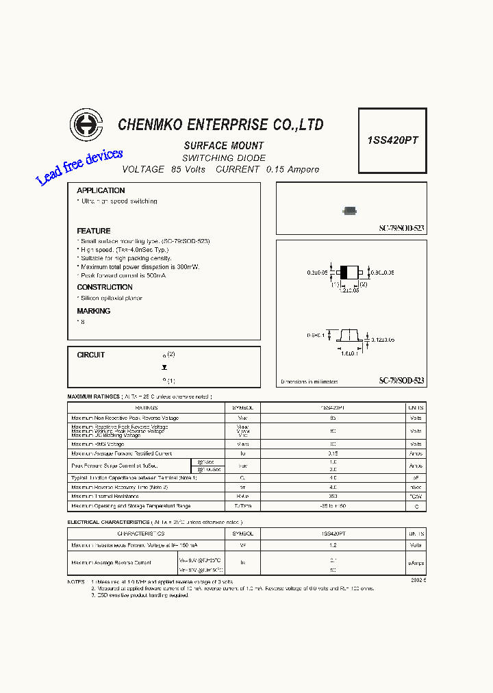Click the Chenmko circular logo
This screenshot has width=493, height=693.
click(86, 125)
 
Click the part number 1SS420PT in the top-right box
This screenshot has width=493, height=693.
click(392, 140)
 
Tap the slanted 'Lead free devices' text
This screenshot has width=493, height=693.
click(79, 167)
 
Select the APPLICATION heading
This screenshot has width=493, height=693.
click(101, 190)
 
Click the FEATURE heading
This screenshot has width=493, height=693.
click(94, 231)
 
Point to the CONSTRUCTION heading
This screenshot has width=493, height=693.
click(105, 287)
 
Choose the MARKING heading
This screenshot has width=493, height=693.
click(94, 311)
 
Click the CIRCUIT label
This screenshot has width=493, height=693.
click(91, 355)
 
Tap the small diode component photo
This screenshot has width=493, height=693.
click(350, 211)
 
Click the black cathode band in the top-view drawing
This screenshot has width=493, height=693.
click(344, 272)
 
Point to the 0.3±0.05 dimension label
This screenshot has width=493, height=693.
click(318, 273)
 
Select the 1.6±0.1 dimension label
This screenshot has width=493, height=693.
click(349, 354)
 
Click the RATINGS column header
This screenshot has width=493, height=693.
click(147, 407)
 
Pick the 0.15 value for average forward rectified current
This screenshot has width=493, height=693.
click(333, 453)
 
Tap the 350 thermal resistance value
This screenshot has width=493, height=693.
click(333, 496)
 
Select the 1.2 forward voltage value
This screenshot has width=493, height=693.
click(333, 545)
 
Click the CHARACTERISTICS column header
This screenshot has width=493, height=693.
click(140, 533)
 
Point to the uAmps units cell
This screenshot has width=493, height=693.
click(416, 563)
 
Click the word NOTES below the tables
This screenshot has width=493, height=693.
click(77, 581)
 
